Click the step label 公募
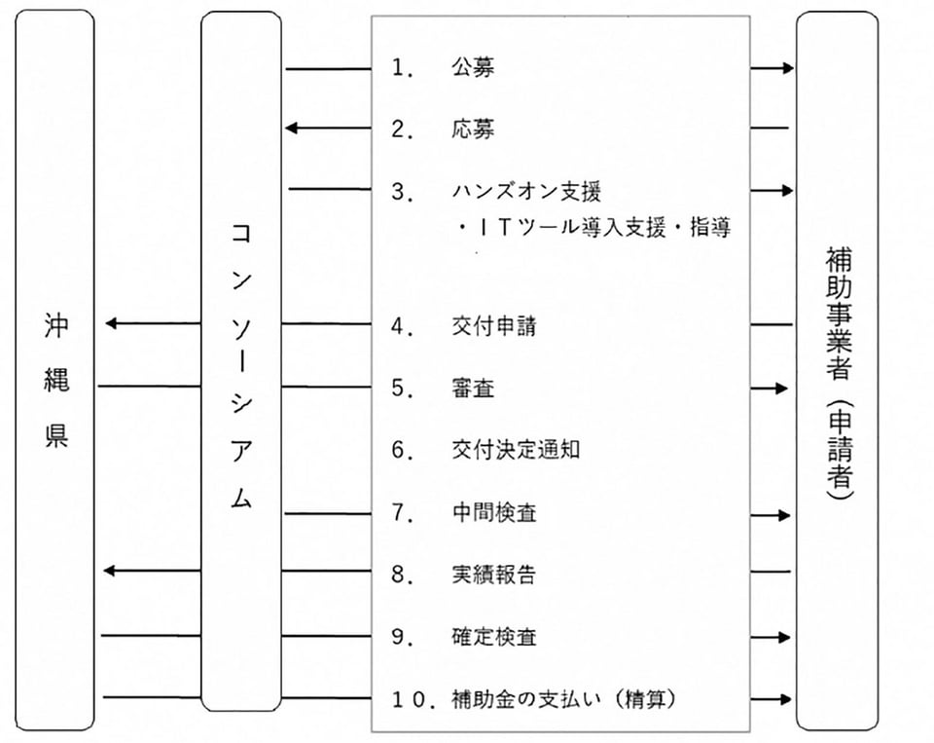(473, 67)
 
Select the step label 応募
(473, 129)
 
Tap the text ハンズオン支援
(526, 192)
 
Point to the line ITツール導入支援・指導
(593, 227)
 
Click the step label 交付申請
(494, 325)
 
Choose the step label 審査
(473, 389)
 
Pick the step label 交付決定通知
(516, 450)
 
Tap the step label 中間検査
(494, 513)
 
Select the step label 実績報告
(494, 575)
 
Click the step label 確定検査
(494, 637)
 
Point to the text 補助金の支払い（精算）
(563, 699)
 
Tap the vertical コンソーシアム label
(241, 365)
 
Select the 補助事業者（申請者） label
(840, 373)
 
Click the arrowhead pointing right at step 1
(788, 68)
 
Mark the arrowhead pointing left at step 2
(291, 128)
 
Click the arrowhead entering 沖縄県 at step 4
(111, 324)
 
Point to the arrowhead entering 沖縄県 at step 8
(110, 571)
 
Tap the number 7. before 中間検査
(403, 513)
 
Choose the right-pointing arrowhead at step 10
(786, 699)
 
